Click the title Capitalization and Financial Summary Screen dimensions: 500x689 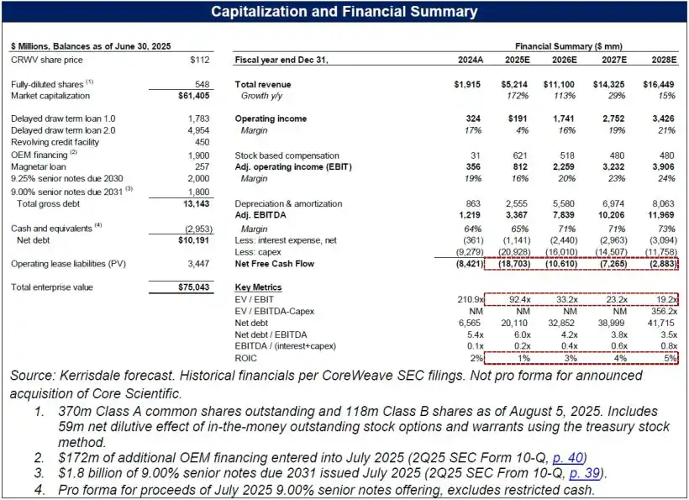(344, 11)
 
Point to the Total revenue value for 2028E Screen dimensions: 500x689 (660, 85)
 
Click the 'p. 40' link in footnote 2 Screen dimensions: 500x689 (561, 460)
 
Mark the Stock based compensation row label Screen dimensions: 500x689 (287, 156)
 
